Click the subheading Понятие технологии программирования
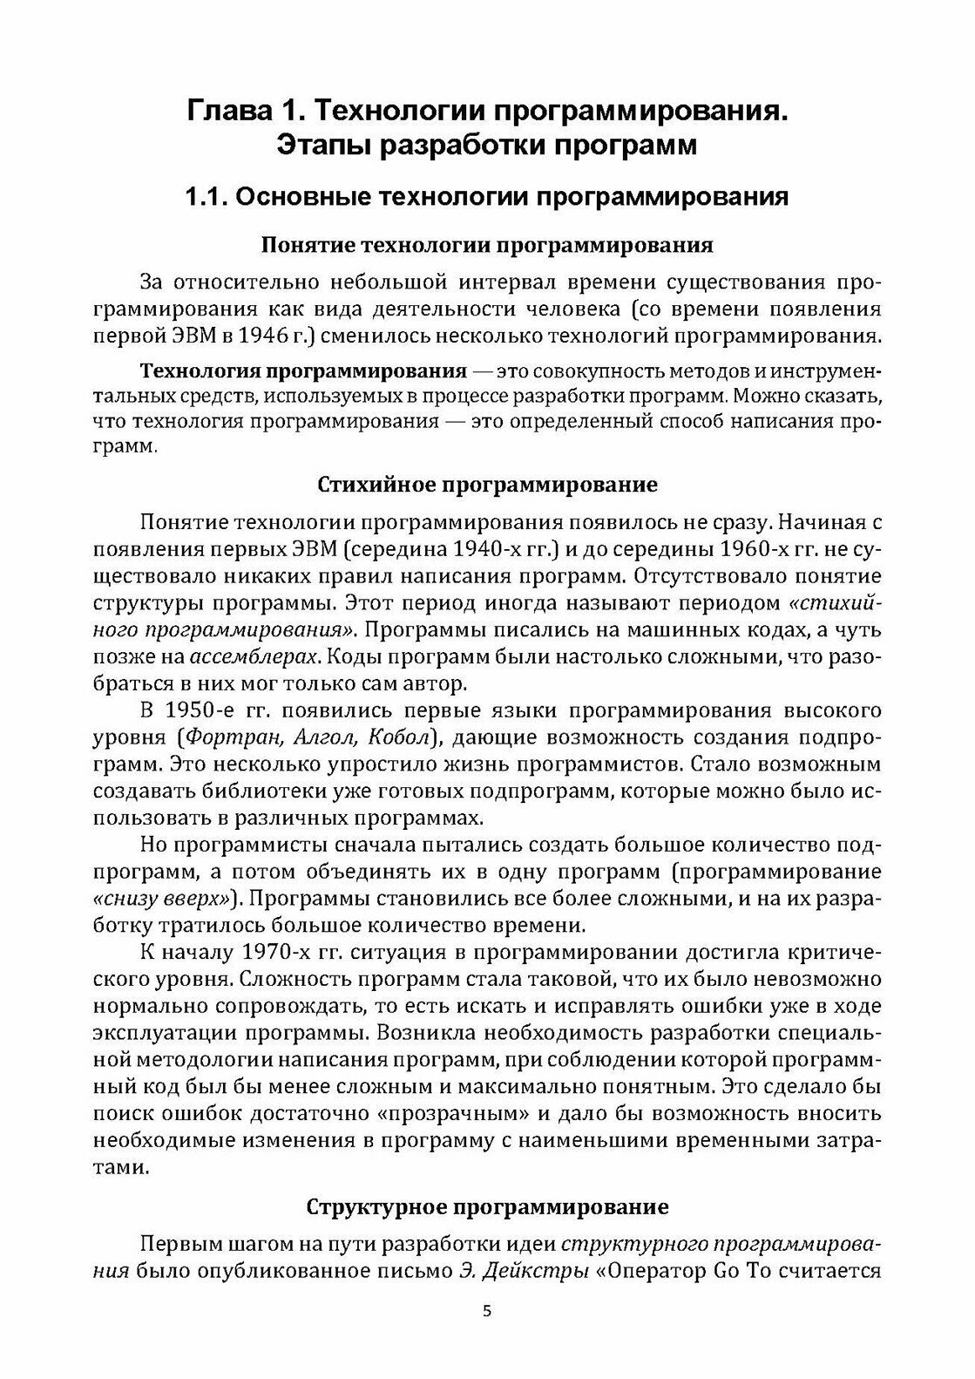[x=487, y=245]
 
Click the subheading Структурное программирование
[x=487, y=1207]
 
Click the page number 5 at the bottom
[x=487, y=1336]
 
